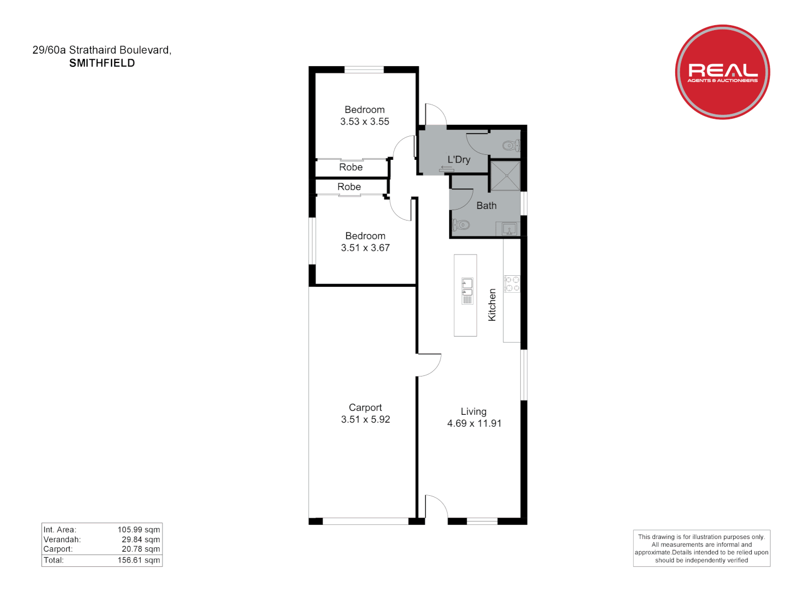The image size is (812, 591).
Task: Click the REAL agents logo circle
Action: coord(722,72)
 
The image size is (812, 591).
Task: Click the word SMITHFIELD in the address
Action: coord(102,63)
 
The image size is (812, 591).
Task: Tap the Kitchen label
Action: coord(492,305)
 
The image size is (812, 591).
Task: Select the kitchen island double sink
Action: coord(467,291)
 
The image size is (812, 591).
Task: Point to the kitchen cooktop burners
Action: coord(512,283)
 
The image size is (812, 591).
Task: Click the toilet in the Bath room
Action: coord(461,224)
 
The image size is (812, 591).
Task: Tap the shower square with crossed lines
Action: coord(504,175)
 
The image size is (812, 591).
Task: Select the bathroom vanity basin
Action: coord(509,229)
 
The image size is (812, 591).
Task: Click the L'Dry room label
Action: coord(459,160)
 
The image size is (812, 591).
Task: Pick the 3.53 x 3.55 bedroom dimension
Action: coord(364,121)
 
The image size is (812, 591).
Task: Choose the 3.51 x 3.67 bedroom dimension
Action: coord(365,248)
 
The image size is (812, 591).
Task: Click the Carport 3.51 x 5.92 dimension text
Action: coord(365,420)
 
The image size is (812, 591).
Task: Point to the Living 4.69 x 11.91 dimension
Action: coord(474,424)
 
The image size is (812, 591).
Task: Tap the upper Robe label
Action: coord(351,167)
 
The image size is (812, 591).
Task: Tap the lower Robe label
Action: coord(349,187)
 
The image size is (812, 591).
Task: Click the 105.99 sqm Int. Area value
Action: coord(138,530)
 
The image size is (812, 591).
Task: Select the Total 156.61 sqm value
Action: coord(138,560)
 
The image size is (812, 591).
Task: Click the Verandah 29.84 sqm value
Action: coord(141,540)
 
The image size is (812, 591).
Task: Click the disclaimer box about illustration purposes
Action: coord(701,548)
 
